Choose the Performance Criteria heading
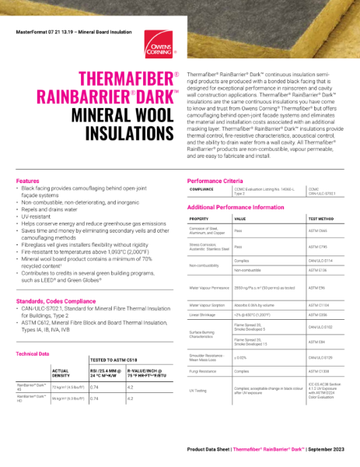pyautogui.click(x=215, y=181)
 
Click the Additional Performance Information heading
pyautogui.click(x=235, y=208)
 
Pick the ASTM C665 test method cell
pyautogui.click(x=318, y=232)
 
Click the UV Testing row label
pyautogui.click(x=198, y=389)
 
